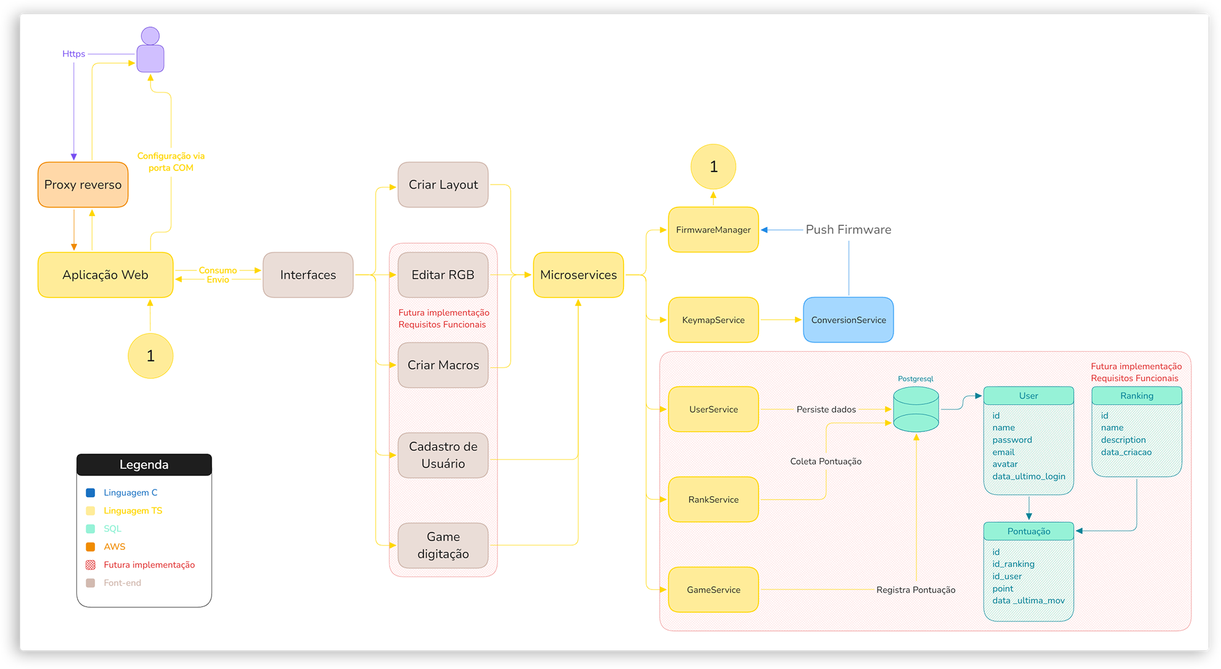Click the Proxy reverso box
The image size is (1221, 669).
click(83, 185)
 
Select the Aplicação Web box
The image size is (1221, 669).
click(105, 275)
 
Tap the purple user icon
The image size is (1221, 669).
click(150, 49)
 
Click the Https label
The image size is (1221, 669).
click(73, 54)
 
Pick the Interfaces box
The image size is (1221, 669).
click(308, 275)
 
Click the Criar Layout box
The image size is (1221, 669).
click(443, 185)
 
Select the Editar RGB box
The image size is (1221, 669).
click(443, 275)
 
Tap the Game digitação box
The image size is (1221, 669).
click(443, 546)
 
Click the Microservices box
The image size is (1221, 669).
click(578, 275)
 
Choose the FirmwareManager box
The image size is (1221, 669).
click(713, 230)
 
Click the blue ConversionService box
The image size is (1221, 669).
click(849, 320)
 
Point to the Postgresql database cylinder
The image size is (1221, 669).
click(916, 409)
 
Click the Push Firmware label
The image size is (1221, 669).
click(849, 230)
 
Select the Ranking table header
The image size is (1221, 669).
click(1137, 396)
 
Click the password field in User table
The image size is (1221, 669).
click(1012, 440)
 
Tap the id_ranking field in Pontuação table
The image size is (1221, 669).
click(1013, 564)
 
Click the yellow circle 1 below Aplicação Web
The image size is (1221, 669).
click(150, 356)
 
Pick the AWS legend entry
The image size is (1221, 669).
click(105, 547)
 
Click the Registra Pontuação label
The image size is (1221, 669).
click(916, 590)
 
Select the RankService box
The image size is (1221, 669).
click(713, 499)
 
